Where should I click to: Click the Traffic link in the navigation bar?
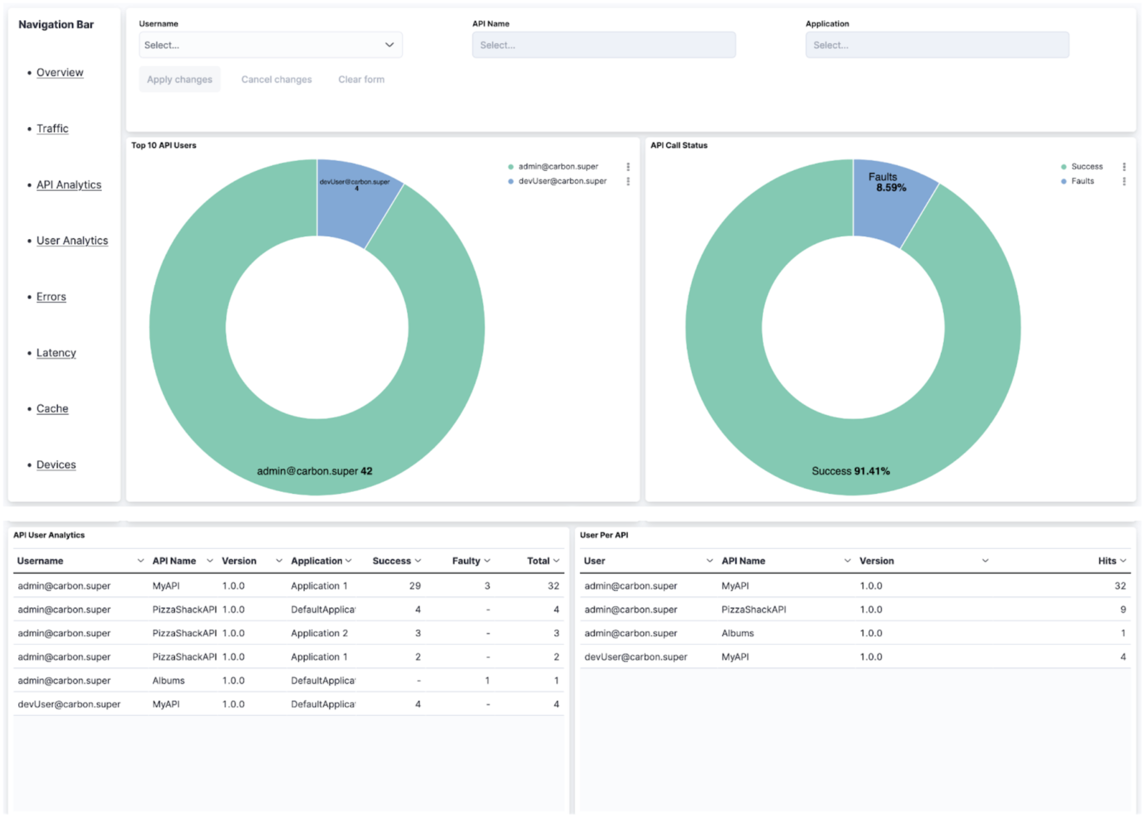(x=52, y=129)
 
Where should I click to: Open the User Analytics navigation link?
(x=72, y=241)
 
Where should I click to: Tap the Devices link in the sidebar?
(x=56, y=465)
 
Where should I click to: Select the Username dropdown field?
(x=270, y=45)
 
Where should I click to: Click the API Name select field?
(x=603, y=45)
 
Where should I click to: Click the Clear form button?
(x=361, y=79)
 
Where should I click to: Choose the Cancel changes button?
(x=276, y=79)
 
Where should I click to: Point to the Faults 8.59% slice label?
(x=886, y=182)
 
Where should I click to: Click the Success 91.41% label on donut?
(x=850, y=471)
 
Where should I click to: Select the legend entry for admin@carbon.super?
(x=558, y=166)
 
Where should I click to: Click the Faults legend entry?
(x=1082, y=181)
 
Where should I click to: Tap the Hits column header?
(x=1107, y=561)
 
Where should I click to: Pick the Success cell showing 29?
(x=414, y=586)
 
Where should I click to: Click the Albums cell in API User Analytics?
(x=168, y=681)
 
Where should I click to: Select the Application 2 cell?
(x=319, y=633)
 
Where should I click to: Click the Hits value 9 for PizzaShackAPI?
(x=1122, y=609)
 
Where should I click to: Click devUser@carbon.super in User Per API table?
(x=635, y=657)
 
